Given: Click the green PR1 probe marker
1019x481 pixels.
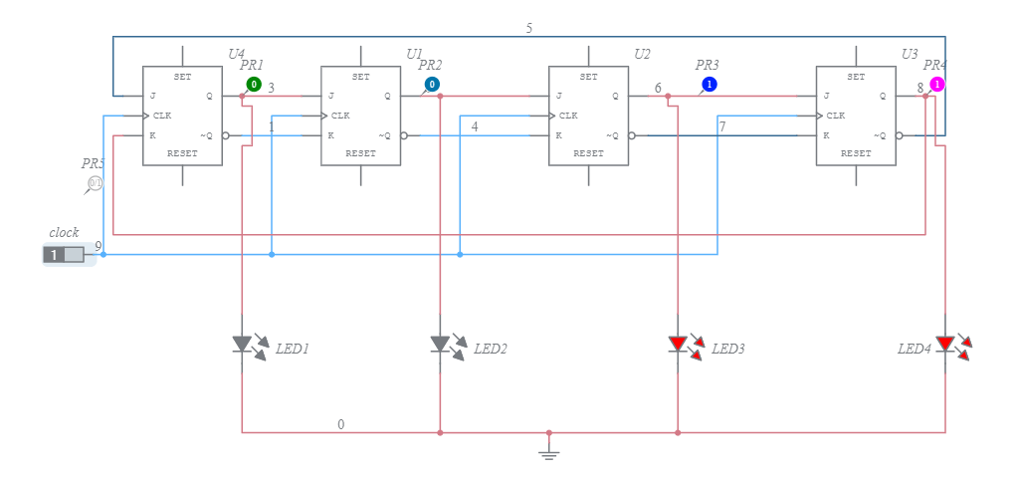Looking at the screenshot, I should (254, 85).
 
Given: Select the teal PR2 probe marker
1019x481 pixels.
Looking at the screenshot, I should (432, 85).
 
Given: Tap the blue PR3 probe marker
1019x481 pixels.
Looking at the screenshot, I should (709, 85).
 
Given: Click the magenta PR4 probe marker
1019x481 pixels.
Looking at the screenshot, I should (936, 85).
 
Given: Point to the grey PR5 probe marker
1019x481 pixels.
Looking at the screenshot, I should (96, 183).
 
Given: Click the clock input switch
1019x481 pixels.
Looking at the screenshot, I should (63, 255).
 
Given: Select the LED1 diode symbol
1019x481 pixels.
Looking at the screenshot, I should (242, 344).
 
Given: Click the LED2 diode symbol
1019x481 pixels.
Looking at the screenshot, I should (440, 344).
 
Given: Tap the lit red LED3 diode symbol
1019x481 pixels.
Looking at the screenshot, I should (678, 345).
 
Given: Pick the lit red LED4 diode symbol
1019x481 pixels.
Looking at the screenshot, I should (944, 345).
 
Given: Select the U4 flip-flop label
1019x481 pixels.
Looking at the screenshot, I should (236, 53).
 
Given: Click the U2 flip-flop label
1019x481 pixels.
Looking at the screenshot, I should (642, 53).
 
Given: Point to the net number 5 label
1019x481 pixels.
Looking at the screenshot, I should (528, 28).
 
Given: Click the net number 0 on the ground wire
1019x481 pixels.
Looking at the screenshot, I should (341, 424).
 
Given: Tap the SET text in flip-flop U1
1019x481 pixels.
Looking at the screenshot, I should (360, 77).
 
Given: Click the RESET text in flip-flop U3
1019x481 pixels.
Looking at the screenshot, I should (856, 153).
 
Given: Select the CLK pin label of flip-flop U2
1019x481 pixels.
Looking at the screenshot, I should (567, 116).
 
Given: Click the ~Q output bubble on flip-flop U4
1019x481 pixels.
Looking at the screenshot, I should (226, 135).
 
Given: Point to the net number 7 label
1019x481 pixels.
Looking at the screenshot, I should (722, 126).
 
